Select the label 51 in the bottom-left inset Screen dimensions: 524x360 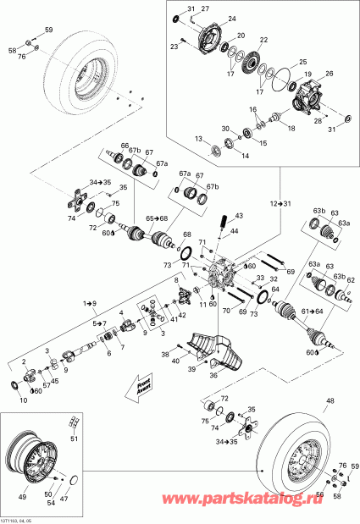[73, 438]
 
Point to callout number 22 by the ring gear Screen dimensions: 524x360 [264, 41]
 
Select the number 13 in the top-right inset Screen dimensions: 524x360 [197, 138]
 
